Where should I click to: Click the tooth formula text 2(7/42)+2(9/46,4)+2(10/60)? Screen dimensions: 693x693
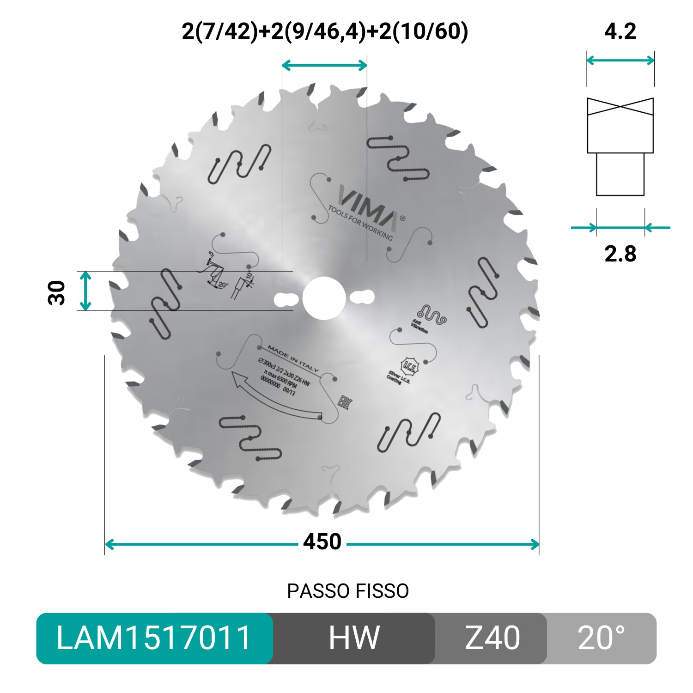[x=325, y=31]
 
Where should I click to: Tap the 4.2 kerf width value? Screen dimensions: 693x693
[x=620, y=31]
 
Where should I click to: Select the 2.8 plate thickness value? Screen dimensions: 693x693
[x=620, y=254]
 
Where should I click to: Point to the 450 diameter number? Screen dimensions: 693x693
[x=322, y=542]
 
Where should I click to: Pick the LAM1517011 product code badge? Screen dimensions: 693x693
[x=154, y=638]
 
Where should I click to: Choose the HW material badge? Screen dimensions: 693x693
[x=354, y=638]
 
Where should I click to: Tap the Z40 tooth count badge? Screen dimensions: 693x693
[x=492, y=638]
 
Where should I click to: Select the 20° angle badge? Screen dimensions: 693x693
[x=601, y=638]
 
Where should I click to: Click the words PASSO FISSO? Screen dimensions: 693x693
[x=348, y=591]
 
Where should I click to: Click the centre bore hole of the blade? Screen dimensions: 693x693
[x=324, y=298]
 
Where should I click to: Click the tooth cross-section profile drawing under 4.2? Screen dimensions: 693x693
[x=620, y=146]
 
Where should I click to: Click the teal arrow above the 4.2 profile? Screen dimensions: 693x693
[x=620, y=60]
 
